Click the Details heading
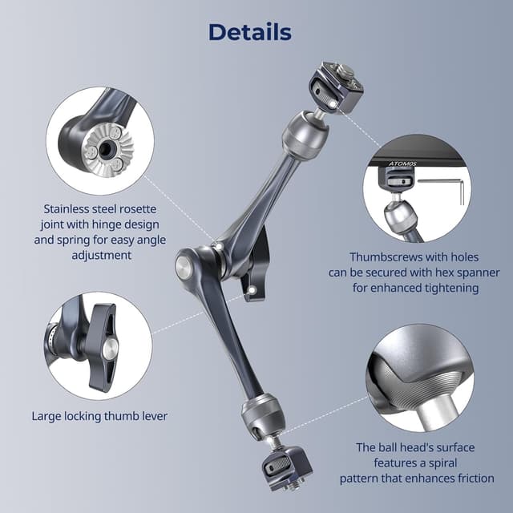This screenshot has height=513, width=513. (249, 32)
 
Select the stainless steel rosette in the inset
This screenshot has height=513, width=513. (104, 147)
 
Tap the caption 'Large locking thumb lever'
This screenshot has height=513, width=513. (99, 416)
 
